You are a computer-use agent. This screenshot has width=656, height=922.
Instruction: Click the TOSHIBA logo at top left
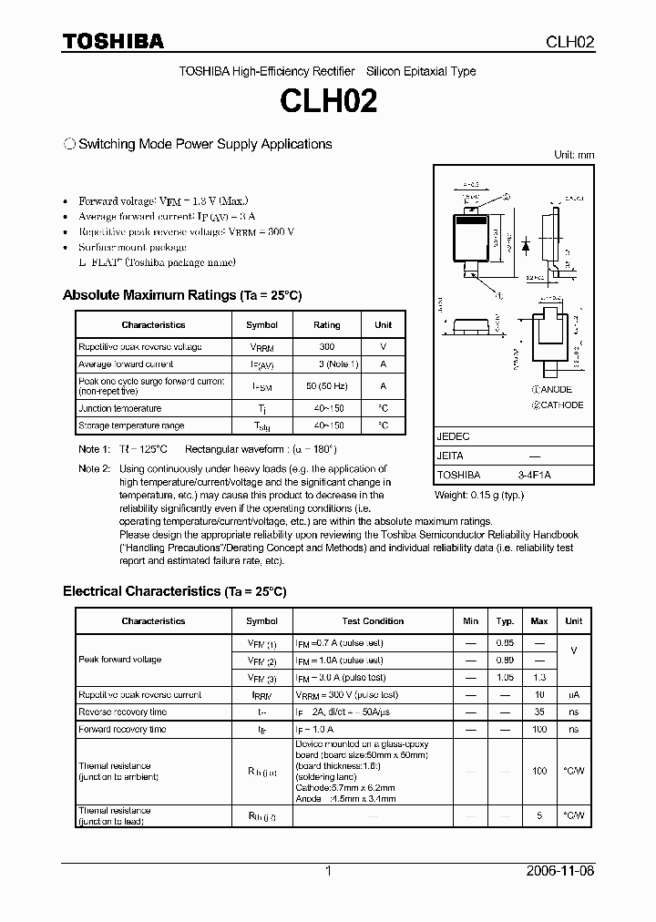pyautogui.click(x=112, y=41)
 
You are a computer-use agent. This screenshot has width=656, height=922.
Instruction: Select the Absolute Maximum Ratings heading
pyautogui.click(x=181, y=296)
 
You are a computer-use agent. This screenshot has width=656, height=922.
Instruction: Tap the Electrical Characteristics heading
pyautogui.click(x=174, y=592)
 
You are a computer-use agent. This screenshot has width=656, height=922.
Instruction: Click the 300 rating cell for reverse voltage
pyautogui.click(x=327, y=347)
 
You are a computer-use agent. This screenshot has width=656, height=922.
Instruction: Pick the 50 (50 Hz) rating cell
pyautogui.click(x=327, y=386)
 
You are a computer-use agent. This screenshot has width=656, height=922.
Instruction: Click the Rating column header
pyautogui.click(x=327, y=325)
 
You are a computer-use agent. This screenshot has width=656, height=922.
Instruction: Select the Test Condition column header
pyautogui.click(x=373, y=621)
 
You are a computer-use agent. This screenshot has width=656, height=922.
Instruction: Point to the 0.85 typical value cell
pyautogui.click(x=505, y=642)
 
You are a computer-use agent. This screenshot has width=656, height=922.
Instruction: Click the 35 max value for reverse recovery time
pyautogui.click(x=539, y=712)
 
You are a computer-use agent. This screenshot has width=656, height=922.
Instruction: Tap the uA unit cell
pyautogui.click(x=573, y=695)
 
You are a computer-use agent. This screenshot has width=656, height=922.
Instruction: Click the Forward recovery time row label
pyautogui.click(x=122, y=730)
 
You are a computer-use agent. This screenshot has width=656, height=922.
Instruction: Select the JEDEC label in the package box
pyautogui.click(x=453, y=437)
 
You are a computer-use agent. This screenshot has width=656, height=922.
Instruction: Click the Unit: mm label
pyautogui.click(x=574, y=155)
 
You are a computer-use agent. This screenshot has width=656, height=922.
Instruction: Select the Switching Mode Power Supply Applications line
pyautogui.click(x=198, y=144)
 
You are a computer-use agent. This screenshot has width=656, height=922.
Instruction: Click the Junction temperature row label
pyautogui.click(x=120, y=409)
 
